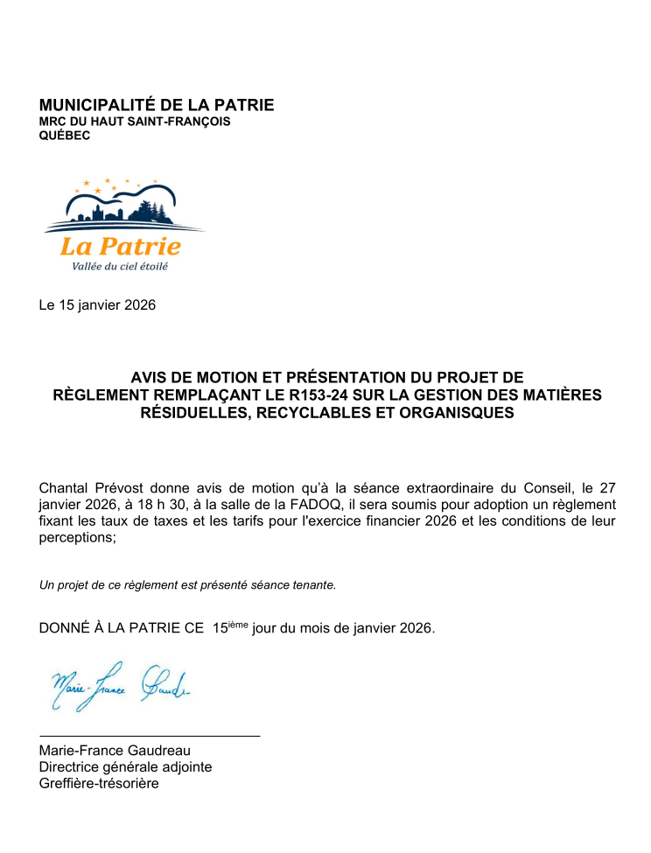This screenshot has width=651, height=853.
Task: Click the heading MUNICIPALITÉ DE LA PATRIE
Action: pos(157,105)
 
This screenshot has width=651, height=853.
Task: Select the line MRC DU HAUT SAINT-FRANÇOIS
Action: pos(135,122)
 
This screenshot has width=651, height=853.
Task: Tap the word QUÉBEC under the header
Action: pos(65,136)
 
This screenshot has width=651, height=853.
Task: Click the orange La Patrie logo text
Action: pos(121,247)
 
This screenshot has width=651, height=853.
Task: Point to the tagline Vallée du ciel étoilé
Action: pos(114,266)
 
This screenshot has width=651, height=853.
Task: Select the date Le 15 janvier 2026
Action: pos(97,305)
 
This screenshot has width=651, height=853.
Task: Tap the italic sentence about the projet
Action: pos(187,584)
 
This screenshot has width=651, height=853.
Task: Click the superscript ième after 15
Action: pos(238,624)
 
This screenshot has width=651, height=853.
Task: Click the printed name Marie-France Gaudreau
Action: pos(115,751)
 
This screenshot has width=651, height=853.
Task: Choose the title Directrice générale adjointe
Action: pos(125,767)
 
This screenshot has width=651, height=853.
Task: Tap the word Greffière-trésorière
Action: pos(99,784)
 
